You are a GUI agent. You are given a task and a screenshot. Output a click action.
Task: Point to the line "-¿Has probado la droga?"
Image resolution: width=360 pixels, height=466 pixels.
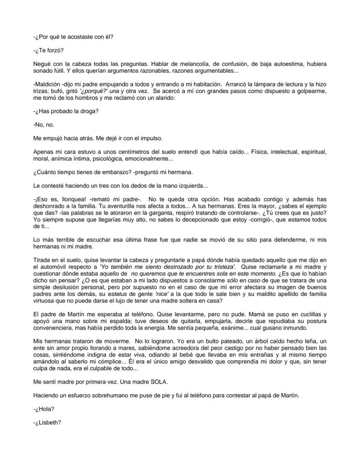click(66, 111)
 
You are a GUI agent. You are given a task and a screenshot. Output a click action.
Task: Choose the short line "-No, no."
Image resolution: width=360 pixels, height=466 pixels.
click(43, 124)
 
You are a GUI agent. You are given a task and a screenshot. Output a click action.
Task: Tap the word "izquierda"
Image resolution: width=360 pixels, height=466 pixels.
click(191, 186)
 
